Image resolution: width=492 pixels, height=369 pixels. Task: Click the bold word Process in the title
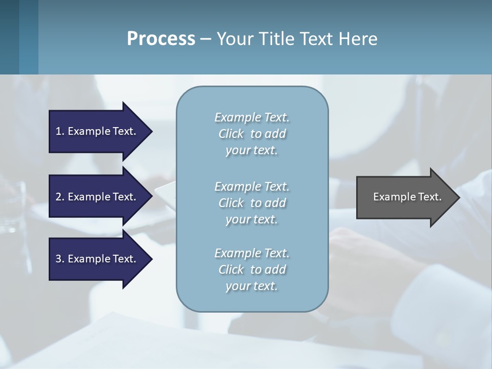pos(161,39)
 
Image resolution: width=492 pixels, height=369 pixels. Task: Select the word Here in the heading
pos(358,39)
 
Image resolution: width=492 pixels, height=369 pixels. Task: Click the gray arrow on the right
pos(405,197)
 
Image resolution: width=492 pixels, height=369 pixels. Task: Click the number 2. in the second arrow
pos(59,197)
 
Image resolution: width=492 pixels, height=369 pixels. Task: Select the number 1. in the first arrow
pos(59,131)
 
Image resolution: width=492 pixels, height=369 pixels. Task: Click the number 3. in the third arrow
pos(59,259)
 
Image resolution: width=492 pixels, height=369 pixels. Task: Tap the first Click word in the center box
pos(231,134)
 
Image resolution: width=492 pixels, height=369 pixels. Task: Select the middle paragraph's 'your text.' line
pos(252,219)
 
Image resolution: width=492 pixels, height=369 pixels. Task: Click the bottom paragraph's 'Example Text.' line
pos(252,253)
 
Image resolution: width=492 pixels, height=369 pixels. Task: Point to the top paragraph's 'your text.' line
pos(252,151)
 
